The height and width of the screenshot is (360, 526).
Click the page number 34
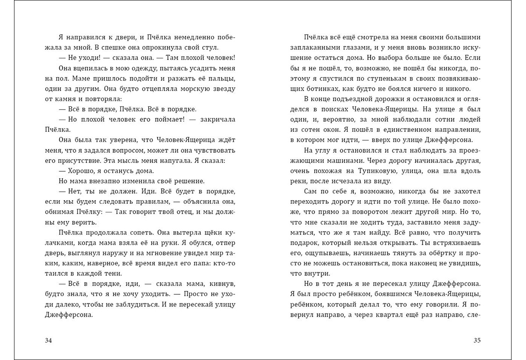(x=49, y=340)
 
